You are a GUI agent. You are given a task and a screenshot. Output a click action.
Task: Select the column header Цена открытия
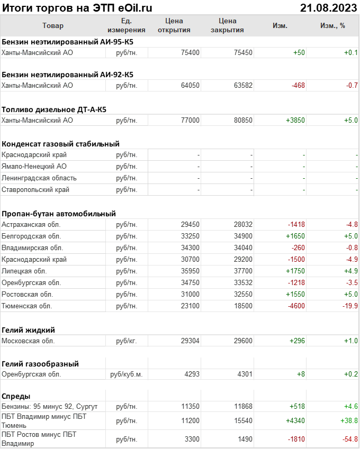[174, 25]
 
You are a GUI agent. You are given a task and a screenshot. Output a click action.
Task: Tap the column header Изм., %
[333, 25]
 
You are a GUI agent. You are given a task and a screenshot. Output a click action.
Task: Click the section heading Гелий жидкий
[29, 329]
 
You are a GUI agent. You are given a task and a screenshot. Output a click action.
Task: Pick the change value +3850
[295, 121]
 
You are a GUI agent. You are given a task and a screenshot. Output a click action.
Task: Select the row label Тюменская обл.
[27, 306]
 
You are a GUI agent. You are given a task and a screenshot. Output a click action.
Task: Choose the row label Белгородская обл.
[31, 236]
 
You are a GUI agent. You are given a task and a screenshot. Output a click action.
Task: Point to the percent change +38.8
[347, 420]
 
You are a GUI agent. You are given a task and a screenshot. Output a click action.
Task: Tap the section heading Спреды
[16, 396]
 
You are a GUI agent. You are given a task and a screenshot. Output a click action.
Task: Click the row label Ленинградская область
[39, 178]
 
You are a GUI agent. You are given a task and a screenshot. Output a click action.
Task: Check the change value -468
[298, 86]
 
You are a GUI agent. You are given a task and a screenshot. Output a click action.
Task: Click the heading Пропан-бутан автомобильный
[59, 214]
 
